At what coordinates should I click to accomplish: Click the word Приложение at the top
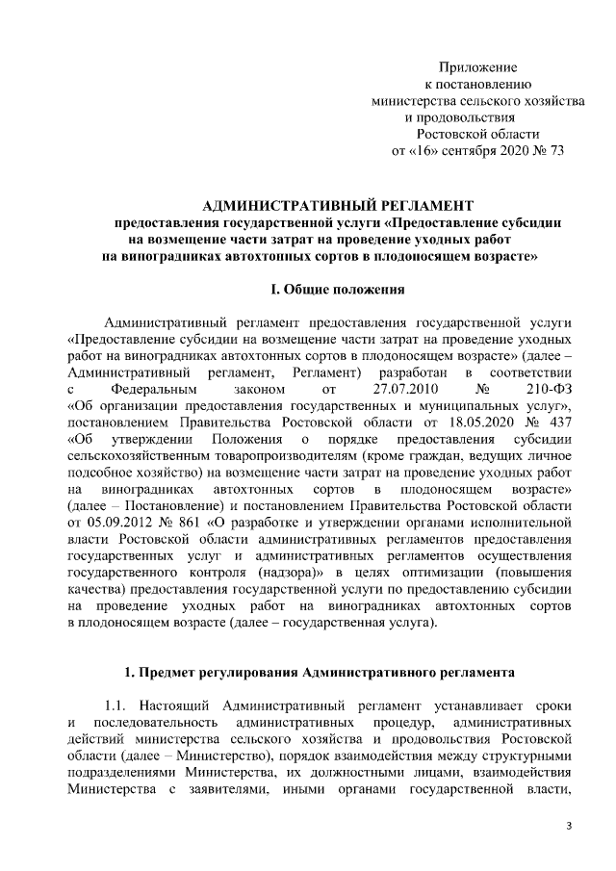(478, 67)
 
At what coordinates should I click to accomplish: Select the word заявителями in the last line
(235, 790)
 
